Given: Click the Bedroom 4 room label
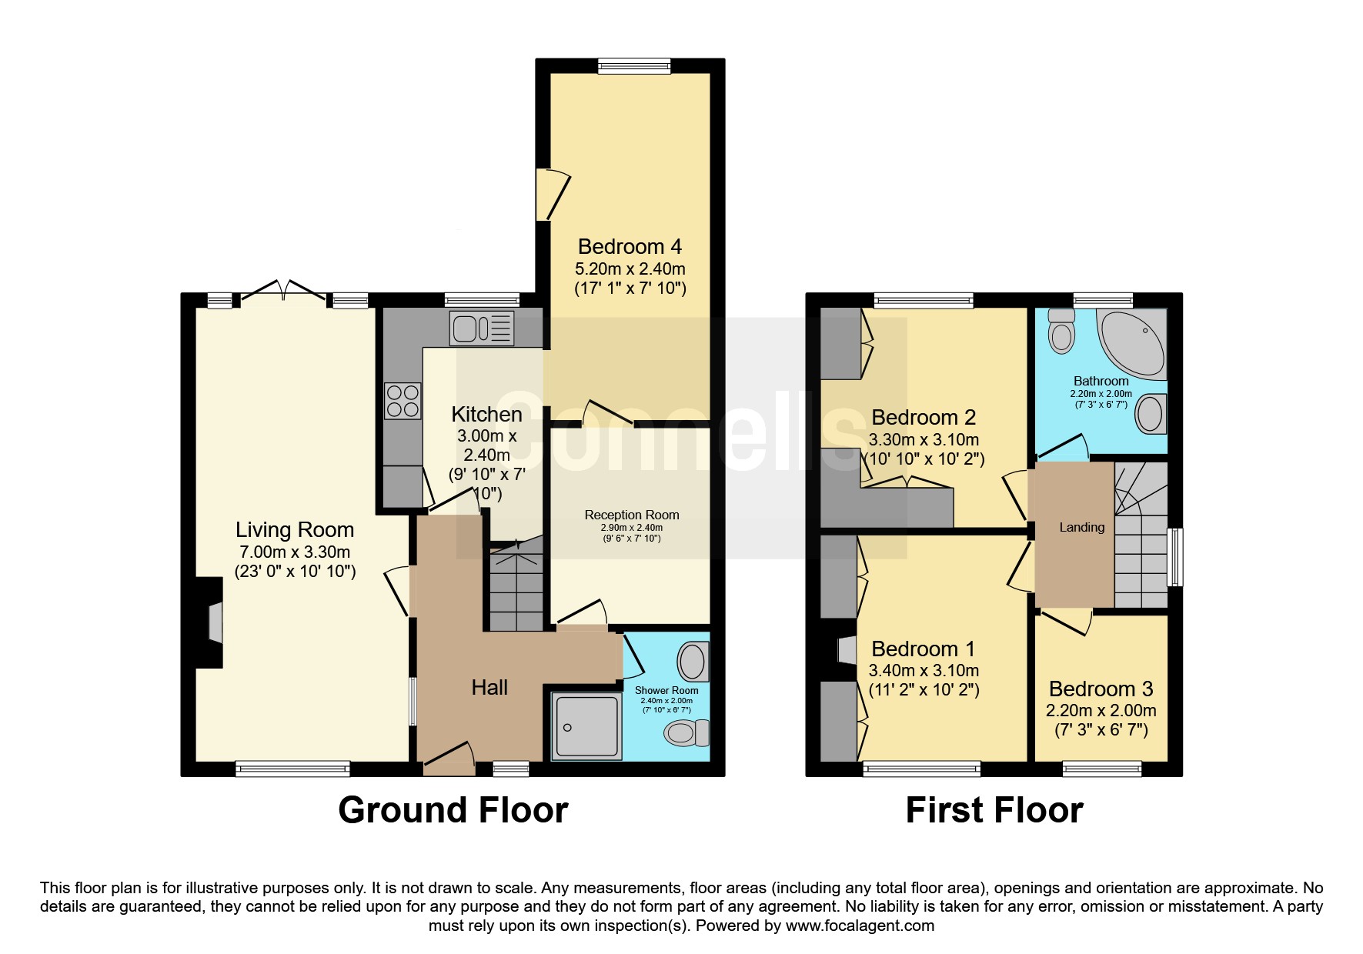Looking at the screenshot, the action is [x=630, y=247].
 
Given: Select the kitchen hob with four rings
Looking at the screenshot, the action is [x=403, y=401].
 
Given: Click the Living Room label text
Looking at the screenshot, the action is [x=295, y=530].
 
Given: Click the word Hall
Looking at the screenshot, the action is [x=489, y=687].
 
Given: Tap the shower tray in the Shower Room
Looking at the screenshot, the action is [x=586, y=727].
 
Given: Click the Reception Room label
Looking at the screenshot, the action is [x=632, y=515].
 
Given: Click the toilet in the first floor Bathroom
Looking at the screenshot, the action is [x=1062, y=332].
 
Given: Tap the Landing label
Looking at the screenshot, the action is [x=1082, y=527].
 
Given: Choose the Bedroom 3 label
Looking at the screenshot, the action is [x=1101, y=689].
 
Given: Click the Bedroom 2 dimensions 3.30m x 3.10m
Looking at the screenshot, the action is [x=924, y=440].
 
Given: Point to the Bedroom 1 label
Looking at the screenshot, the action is [x=924, y=649].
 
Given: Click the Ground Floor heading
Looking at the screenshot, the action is [x=453, y=810].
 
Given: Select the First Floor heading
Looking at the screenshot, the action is [x=994, y=810].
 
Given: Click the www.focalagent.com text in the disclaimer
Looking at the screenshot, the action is [x=860, y=926].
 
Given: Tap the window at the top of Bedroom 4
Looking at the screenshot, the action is [x=634, y=66].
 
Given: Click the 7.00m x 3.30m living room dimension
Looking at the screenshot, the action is [x=295, y=552].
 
